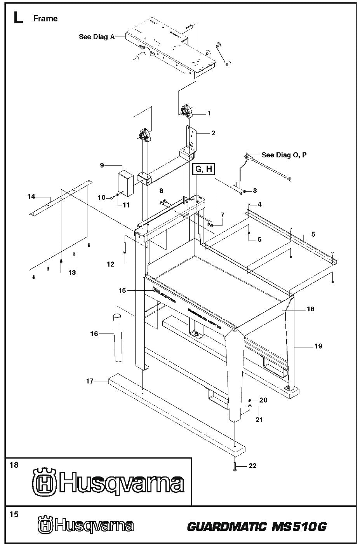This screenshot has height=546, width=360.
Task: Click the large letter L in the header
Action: pyautogui.click(x=17, y=18)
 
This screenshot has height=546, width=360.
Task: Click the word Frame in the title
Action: pyautogui.click(x=45, y=19)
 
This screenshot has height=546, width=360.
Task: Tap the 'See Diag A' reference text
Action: pyautogui.click(x=97, y=37)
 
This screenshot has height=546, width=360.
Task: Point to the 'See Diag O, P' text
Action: pyautogui.click(x=284, y=155)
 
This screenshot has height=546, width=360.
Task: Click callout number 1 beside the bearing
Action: pyautogui.click(x=209, y=113)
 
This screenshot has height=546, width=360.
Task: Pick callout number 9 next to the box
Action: pyautogui.click(x=102, y=165)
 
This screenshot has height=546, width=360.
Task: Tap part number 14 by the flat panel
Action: pyautogui.click(x=31, y=197)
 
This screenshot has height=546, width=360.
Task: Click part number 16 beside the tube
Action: pyautogui.click(x=94, y=333)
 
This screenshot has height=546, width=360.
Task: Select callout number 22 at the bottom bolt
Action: pyautogui.click(x=252, y=466)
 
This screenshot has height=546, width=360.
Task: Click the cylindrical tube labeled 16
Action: pyautogui.click(x=118, y=333)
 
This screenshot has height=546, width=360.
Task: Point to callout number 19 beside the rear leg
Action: pyautogui.click(x=318, y=346)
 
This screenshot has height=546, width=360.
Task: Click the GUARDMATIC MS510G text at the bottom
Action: pyautogui.click(x=257, y=527)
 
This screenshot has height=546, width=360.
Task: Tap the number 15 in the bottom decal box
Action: pyautogui.click(x=14, y=514)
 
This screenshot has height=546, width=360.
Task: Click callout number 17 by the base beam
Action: pyautogui.click(x=90, y=381)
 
